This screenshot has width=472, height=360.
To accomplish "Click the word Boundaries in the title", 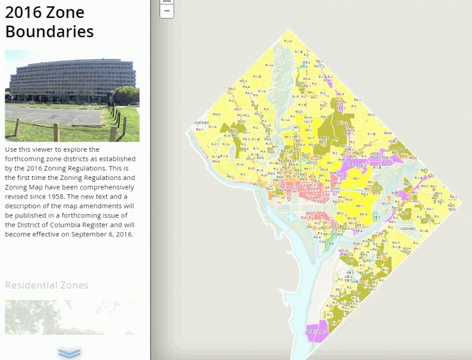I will (x=49, y=31).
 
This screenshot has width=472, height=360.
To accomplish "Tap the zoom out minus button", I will (x=167, y=11).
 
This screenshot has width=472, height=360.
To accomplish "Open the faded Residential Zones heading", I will (x=47, y=285).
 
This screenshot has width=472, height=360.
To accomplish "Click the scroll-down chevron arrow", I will (x=70, y=353).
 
